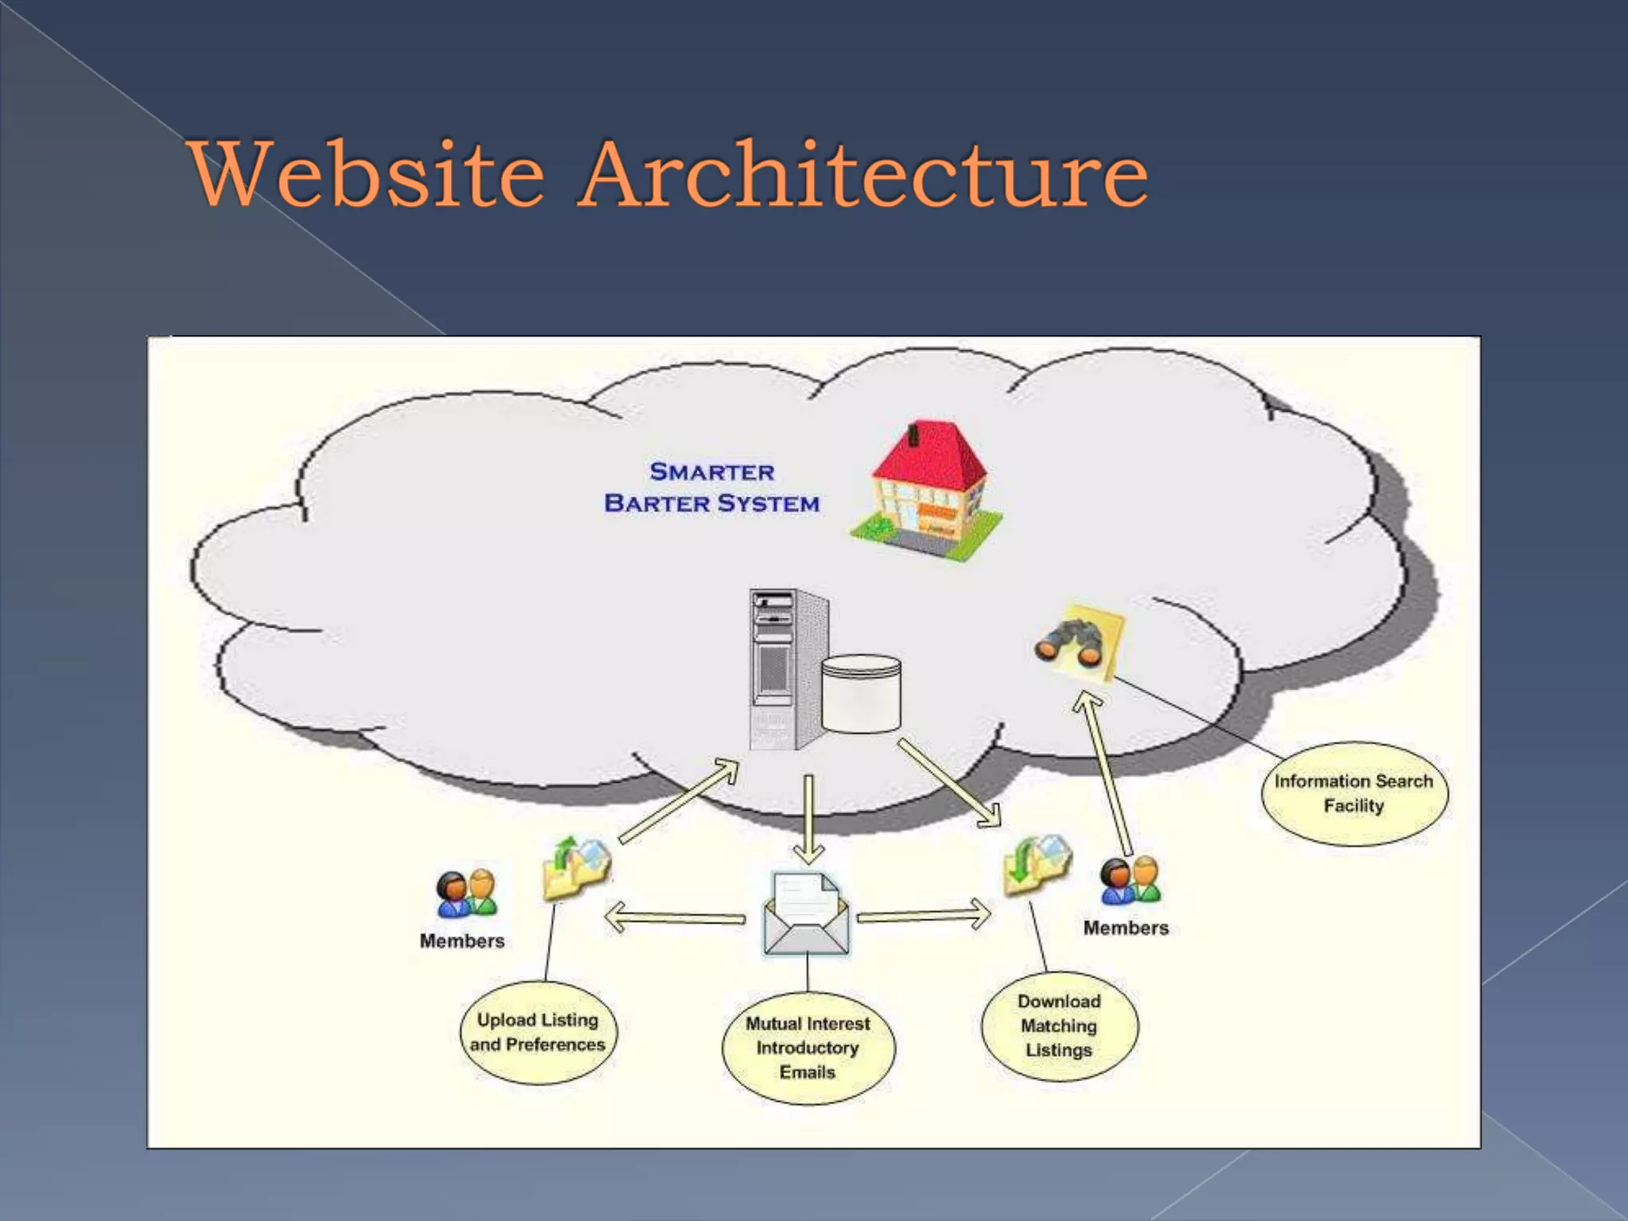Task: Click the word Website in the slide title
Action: (x=366, y=173)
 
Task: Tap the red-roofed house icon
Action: (x=927, y=490)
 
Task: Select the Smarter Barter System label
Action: (x=711, y=487)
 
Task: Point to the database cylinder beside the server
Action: (x=861, y=693)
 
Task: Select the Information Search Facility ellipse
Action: (x=1354, y=793)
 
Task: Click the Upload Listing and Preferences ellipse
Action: (x=538, y=1032)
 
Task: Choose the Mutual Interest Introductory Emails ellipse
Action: (x=808, y=1048)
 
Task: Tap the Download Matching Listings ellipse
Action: (x=1059, y=1025)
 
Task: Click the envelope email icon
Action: (x=806, y=914)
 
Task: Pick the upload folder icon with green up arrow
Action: (x=576, y=868)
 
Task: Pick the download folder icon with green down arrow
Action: (x=1037, y=865)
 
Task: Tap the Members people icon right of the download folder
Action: (x=1130, y=881)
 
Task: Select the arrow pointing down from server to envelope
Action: (x=808, y=819)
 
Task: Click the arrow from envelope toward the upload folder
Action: (x=676, y=918)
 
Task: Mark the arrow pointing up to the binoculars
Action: (x=1107, y=771)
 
